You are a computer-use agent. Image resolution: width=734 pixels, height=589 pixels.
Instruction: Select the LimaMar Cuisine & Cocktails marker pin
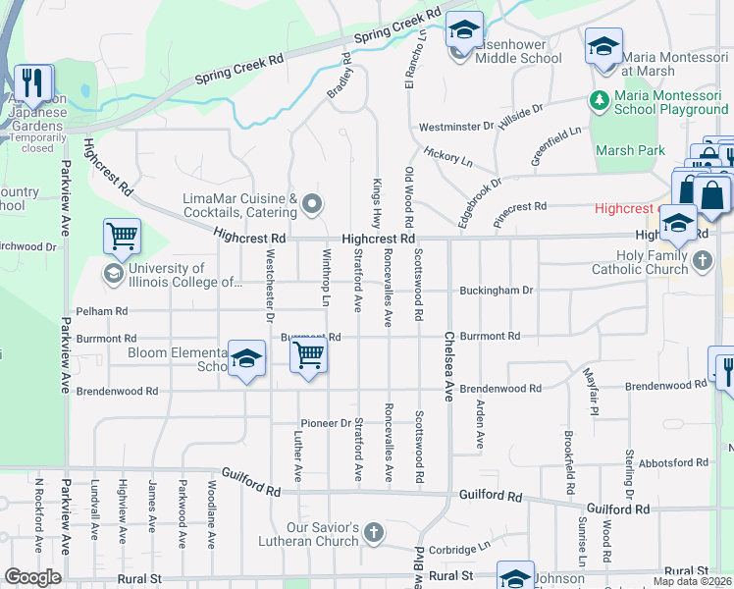pos(313,204)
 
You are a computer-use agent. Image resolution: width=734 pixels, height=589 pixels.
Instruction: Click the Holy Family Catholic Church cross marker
pos(702,261)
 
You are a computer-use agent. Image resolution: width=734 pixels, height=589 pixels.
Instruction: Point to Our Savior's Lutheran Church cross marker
pos(373,533)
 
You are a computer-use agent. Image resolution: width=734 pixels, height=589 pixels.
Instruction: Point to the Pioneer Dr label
pos(326,423)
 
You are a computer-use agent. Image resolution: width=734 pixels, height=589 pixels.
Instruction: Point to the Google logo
pos(32,577)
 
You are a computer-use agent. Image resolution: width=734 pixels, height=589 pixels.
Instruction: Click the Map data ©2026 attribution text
pos(691,581)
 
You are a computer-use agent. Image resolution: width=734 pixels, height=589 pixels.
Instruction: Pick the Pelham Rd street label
pos(102,311)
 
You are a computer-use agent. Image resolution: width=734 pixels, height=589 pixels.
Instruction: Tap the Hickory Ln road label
pos(448,156)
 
